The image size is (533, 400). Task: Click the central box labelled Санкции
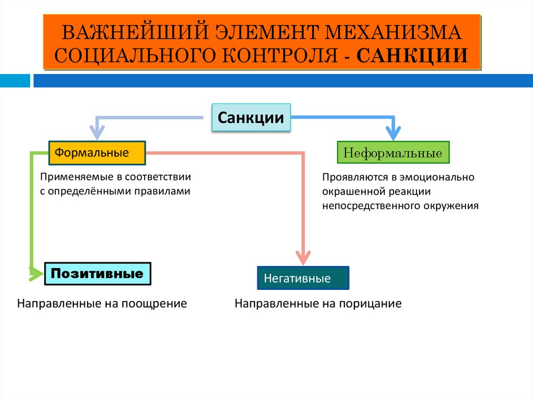251,117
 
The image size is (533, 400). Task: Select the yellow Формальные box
97,153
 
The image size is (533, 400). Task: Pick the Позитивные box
97,273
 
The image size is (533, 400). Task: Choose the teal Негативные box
303,278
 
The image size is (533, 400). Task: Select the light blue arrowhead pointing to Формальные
96,134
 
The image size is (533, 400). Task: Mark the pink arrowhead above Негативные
303,258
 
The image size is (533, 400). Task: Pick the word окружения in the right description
452,205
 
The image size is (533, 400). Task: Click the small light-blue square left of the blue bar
15,81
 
